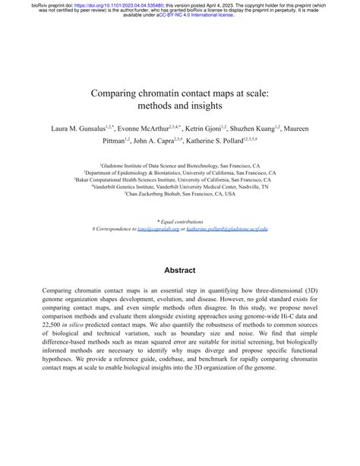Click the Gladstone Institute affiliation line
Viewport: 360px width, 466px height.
[180, 164]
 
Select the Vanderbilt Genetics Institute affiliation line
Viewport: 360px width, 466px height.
[180, 186]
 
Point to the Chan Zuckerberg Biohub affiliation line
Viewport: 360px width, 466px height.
[180, 194]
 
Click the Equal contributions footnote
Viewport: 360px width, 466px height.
[180, 220]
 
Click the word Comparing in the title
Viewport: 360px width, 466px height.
[121, 94]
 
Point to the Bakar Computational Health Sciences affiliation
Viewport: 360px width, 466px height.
[180, 179]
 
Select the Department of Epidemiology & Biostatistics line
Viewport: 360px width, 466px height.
[180, 172]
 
